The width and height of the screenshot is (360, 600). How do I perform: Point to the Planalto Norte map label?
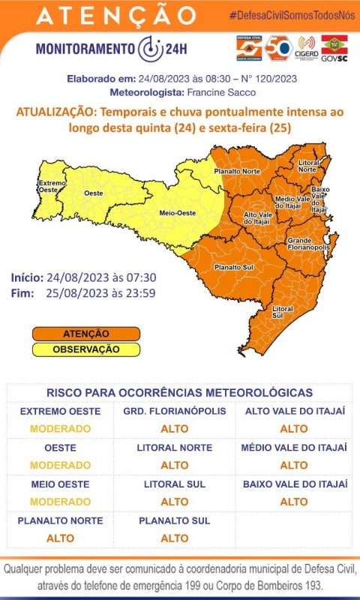click(x=236, y=171)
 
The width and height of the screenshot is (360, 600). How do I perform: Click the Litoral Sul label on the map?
click(x=283, y=312)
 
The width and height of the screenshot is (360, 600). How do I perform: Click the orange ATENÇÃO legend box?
click(x=86, y=333)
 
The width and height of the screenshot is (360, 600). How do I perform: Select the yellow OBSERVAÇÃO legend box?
click(x=86, y=349)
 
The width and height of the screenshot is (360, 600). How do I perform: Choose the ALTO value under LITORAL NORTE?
click(x=175, y=465)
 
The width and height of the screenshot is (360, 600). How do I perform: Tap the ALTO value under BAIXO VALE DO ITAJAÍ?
click(x=294, y=501)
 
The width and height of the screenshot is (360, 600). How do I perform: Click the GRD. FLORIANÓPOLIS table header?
click(x=175, y=412)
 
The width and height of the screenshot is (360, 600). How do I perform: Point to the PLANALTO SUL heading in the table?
click(x=175, y=520)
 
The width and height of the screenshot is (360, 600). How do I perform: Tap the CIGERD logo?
click(x=307, y=47)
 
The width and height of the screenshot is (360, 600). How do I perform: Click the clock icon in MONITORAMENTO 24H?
click(x=149, y=48)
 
